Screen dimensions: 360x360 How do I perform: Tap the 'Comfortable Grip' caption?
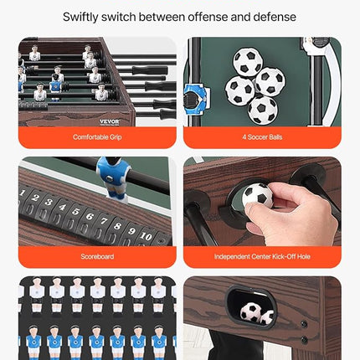click(x=97, y=136)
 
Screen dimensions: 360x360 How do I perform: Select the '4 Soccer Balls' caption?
click(x=262, y=136)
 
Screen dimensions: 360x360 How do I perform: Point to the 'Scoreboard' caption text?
click(x=97, y=257)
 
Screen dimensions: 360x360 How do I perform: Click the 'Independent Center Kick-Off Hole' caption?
click(x=262, y=257)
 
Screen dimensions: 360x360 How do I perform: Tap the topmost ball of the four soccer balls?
click(x=247, y=61)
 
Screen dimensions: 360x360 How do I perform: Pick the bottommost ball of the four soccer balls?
click(x=262, y=109)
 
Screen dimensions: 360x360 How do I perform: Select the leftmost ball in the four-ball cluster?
click(x=240, y=90)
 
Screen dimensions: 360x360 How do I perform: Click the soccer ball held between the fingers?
click(x=257, y=195)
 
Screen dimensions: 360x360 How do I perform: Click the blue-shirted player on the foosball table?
click(x=55, y=84)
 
